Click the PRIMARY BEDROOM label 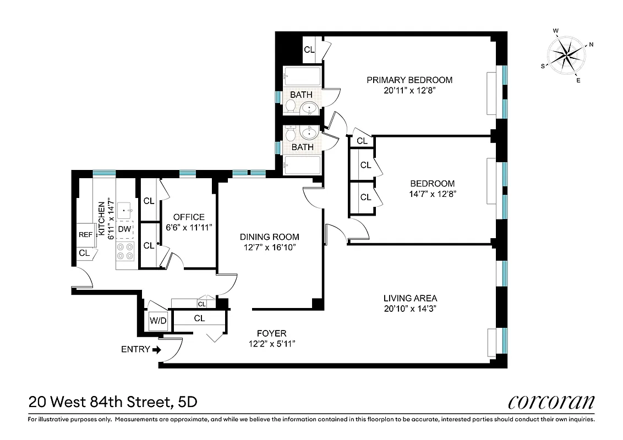[409, 80]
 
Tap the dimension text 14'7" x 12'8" [433, 194]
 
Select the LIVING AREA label [410, 298]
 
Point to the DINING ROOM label [269, 237]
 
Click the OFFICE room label [189, 217]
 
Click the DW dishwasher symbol [125, 229]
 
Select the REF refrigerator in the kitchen [85, 234]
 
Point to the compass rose [567, 54]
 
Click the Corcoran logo [551, 402]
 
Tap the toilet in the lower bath [290, 133]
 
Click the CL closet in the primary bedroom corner [309, 50]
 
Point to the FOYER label [272, 333]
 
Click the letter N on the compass [591, 45]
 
